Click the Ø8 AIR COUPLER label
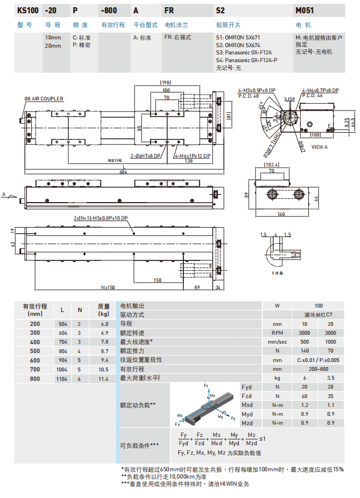[44, 99]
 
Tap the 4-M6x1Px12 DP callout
[192, 156]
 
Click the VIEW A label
[319, 147]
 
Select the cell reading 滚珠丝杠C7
[318, 314]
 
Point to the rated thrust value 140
[304, 350]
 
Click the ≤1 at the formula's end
[262, 439]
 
